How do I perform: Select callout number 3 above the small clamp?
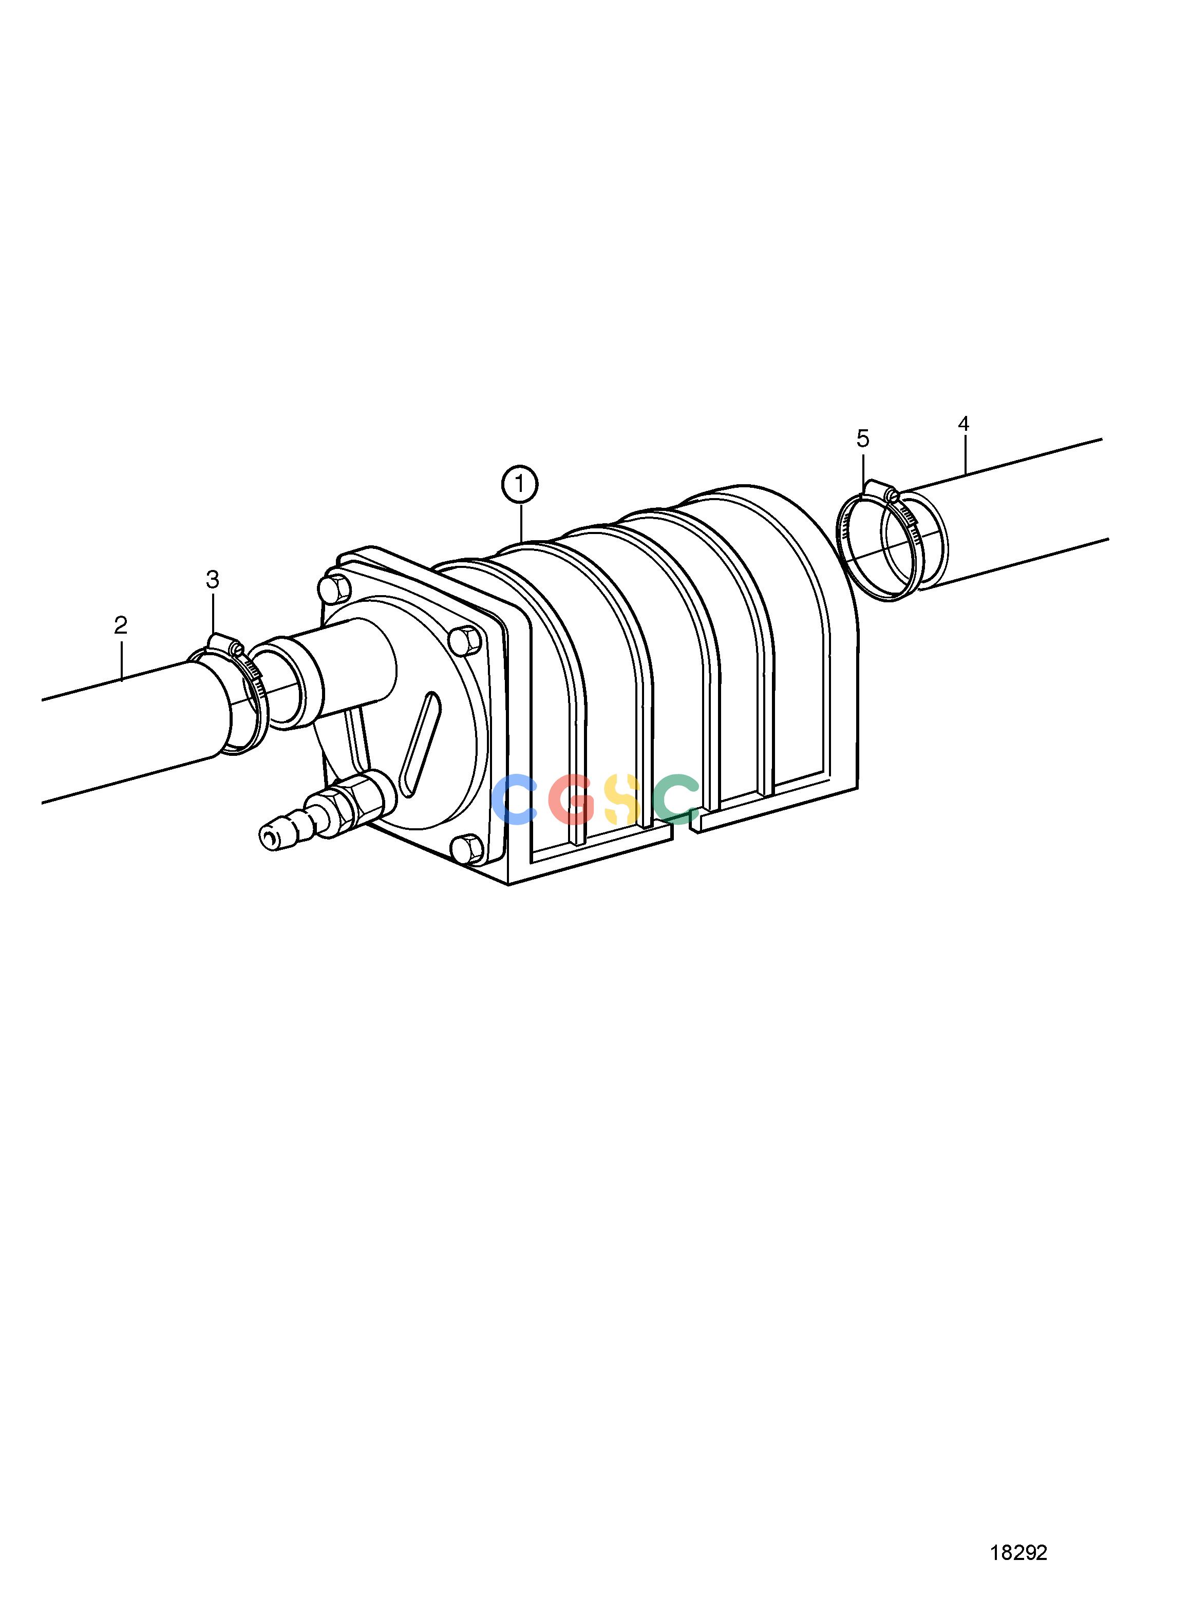(213, 579)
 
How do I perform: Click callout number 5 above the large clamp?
(863, 438)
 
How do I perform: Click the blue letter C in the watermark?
(514, 799)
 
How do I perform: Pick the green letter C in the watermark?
(677, 799)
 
